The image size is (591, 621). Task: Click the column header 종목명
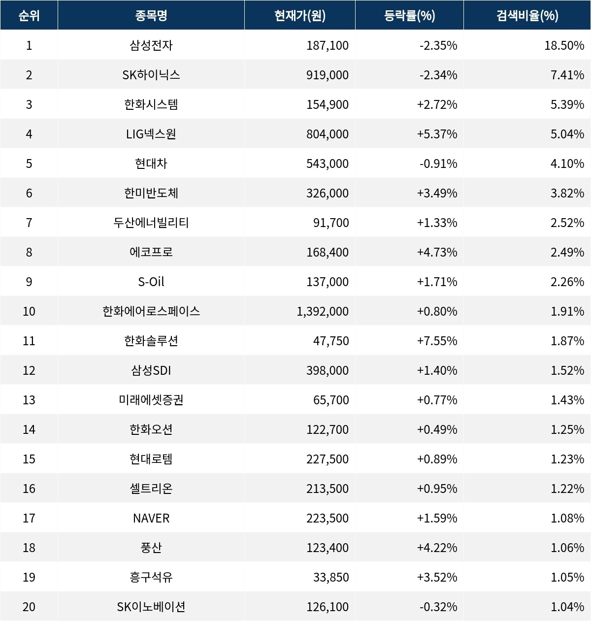pyautogui.click(x=151, y=16)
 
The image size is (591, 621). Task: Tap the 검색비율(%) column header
pyautogui.click(x=527, y=16)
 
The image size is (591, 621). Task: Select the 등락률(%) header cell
pyautogui.click(x=409, y=16)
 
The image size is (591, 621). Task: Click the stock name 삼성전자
pyautogui.click(x=151, y=45)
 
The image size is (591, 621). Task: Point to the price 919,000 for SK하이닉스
pyautogui.click(x=327, y=75)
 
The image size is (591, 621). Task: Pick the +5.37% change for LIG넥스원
pyautogui.click(x=437, y=134)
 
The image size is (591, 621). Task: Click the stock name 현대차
pyautogui.click(x=151, y=163)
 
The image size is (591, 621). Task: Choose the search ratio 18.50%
pyautogui.click(x=564, y=45)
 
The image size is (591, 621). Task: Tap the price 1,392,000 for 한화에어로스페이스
pyautogui.click(x=323, y=311)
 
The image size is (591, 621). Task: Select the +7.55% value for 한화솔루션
pyautogui.click(x=437, y=341)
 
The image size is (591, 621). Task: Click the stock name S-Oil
pyautogui.click(x=151, y=282)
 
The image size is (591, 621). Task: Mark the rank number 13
pyautogui.click(x=29, y=400)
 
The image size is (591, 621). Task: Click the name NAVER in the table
pyautogui.click(x=151, y=518)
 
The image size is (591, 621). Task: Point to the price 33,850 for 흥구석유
pyautogui.click(x=331, y=577)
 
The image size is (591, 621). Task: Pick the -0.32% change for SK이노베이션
pyautogui.click(x=438, y=607)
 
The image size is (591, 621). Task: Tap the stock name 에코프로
pyautogui.click(x=151, y=252)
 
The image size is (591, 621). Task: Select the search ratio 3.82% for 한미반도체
pyautogui.click(x=567, y=193)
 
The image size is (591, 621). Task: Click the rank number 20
pyautogui.click(x=29, y=607)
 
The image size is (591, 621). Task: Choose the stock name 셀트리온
pyautogui.click(x=151, y=489)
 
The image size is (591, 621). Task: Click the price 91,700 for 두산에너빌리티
pyautogui.click(x=331, y=223)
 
